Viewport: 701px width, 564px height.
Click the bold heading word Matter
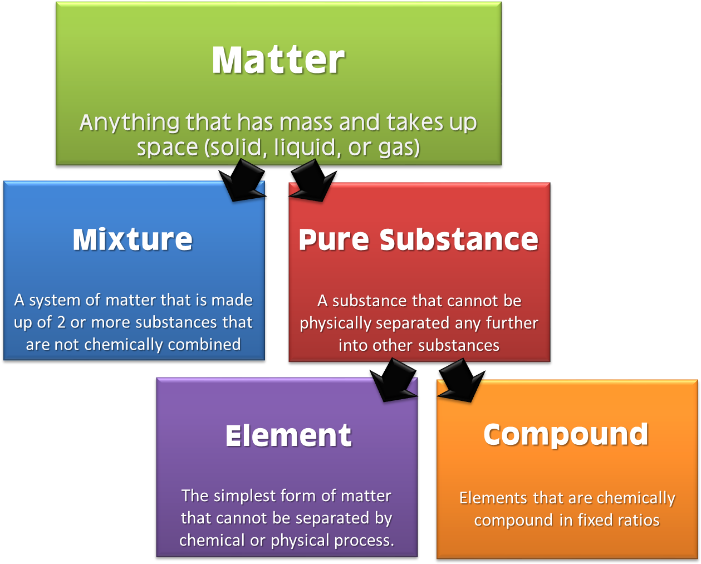point(278,60)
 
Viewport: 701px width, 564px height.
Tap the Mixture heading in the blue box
point(133,239)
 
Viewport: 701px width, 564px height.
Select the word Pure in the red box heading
point(334,239)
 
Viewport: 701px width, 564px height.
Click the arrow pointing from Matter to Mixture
point(242,180)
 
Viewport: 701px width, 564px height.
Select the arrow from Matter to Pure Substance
point(313,180)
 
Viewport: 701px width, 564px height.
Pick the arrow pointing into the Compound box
point(461,380)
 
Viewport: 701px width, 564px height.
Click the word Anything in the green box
point(129,123)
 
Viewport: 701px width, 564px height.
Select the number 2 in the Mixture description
point(61,322)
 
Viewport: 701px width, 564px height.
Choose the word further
point(512,323)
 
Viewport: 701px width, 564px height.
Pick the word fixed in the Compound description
point(592,521)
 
